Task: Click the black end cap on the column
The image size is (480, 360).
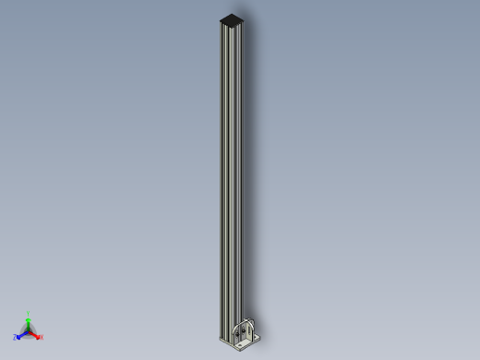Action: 234,18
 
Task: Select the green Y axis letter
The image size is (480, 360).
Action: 29,314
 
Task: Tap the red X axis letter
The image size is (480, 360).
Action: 42,337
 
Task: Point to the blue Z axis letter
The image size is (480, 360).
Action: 15,338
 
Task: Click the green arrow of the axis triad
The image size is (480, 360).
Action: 29,322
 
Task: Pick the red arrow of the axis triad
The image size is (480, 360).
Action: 35,334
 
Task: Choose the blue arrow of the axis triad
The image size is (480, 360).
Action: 21,334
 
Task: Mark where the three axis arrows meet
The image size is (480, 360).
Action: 29,330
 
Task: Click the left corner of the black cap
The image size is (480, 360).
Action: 220,19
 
